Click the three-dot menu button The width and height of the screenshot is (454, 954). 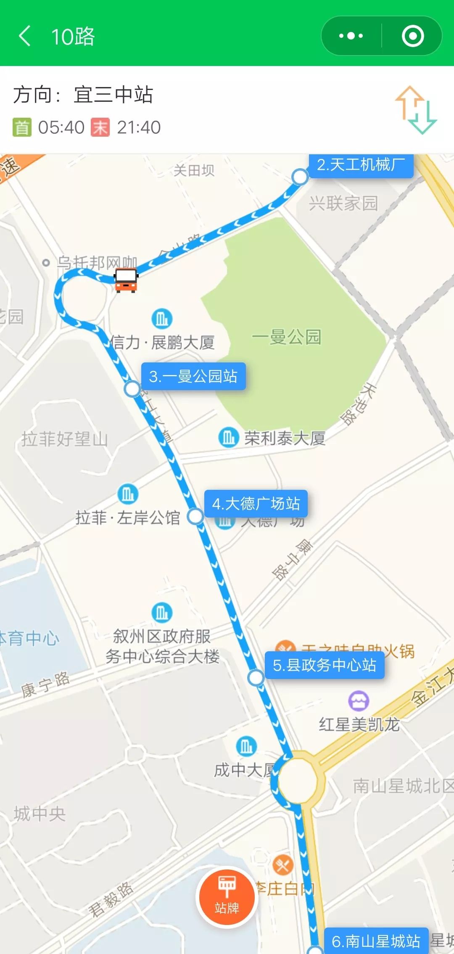tap(351, 36)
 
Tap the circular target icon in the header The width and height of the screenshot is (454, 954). tap(412, 36)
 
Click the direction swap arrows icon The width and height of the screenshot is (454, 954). tap(416, 110)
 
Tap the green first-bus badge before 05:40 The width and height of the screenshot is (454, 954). tap(22, 127)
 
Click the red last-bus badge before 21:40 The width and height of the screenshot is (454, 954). tap(100, 127)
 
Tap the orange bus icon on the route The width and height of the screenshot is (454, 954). tap(126, 280)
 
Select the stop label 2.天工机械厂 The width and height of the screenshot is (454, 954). tap(361, 165)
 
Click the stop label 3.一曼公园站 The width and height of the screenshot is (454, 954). tap(193, 376)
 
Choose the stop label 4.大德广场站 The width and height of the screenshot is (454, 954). tap(256, 503)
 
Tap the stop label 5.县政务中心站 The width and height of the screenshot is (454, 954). tap(324, 665)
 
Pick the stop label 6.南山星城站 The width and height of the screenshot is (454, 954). tap(376, 941)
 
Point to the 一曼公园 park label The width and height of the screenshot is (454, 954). tap(287, 337)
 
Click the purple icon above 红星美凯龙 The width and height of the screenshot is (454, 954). tap(358, 701)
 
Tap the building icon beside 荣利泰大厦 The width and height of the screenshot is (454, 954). tap(229, 437)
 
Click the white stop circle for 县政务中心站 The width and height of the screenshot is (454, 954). tap(256, 677)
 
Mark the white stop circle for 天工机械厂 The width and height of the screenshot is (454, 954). tap(300, 177)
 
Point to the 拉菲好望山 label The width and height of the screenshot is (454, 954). tap(65, 439)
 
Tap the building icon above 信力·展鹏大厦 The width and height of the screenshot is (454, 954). tap(162, 319)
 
